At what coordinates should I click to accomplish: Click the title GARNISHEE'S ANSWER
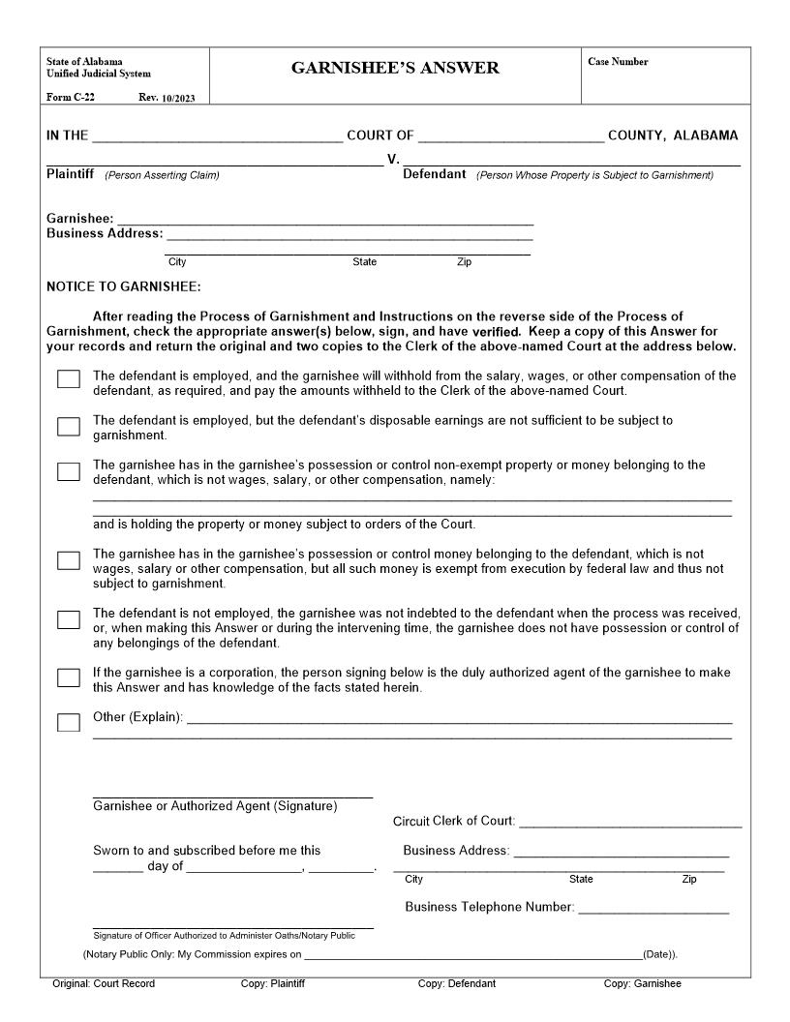point(395,68)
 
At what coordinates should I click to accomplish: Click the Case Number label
point(618,62)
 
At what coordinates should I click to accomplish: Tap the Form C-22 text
point(71,97)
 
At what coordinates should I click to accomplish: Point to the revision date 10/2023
point(177,98)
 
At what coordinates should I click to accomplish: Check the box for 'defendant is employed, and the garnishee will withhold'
point(69,379)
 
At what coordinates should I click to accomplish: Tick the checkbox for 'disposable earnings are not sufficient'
point(69,427)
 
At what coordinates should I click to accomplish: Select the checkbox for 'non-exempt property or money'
point(69,471)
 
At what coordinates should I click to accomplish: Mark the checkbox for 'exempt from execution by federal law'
point(69,560)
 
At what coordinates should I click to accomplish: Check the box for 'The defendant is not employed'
point(69,619)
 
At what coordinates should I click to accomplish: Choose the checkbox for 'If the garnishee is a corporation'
point(69,677)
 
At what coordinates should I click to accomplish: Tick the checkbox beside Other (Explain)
point(69,722)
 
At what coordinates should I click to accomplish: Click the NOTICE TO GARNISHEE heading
point(124,286)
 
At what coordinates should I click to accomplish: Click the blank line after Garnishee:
point(324,222)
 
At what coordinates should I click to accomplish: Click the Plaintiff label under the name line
point(70,175)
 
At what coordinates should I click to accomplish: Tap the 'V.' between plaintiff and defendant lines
point(393,159)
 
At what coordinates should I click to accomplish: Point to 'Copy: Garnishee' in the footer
point(642,983)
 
